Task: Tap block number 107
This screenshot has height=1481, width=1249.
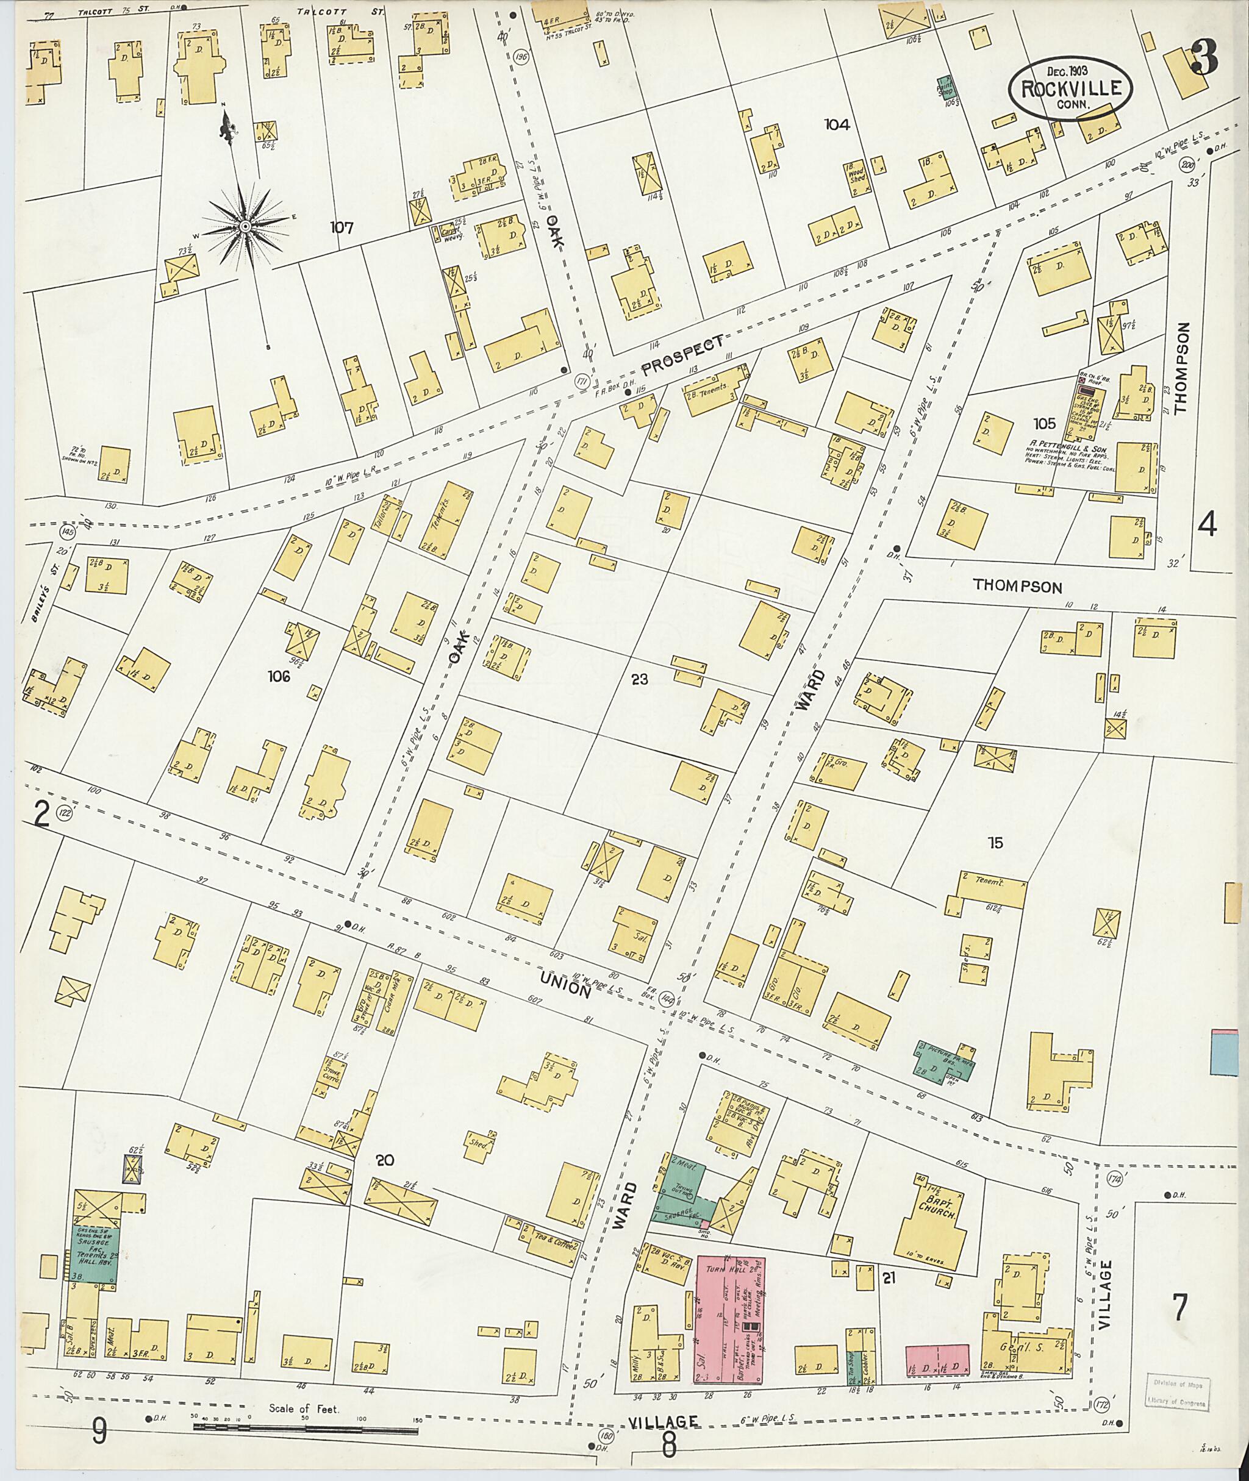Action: [x=342, y=227]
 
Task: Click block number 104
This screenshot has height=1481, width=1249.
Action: [x=836, y=124]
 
